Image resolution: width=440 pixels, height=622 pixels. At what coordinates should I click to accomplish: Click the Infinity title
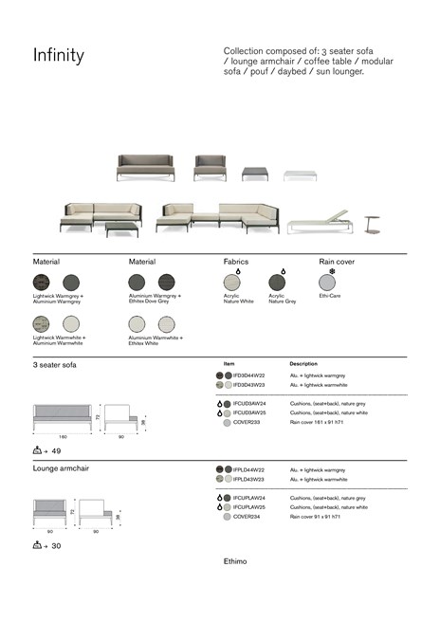click(59, 57)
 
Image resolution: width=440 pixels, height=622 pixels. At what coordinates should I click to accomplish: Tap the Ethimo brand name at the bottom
click(234, 561)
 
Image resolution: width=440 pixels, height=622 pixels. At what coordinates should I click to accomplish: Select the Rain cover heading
click(337, 261)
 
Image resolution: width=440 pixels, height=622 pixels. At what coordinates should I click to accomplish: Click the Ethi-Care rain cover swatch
click(327, 282)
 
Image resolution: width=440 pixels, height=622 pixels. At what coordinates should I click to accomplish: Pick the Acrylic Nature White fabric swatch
click(232, 282)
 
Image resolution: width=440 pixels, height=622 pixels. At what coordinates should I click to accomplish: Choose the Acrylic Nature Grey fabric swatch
click(278, 282)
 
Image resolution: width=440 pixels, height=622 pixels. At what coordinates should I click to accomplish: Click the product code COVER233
click(246, 422)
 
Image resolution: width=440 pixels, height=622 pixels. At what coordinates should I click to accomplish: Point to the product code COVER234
click(246, 516)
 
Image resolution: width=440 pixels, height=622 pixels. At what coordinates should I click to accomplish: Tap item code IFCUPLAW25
click(249, 506)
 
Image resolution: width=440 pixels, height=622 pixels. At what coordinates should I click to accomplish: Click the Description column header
click(303, 363)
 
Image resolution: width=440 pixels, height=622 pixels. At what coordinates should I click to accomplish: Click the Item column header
click(229, 363)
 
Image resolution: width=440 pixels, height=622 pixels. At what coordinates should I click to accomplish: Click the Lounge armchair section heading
click(63, 468)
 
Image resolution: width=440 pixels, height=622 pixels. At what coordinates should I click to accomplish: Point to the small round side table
click(372, 222)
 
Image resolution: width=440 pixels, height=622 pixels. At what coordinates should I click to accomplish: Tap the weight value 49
click(57, 450)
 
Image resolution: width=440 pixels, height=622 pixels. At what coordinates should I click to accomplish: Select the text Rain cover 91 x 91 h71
click(317, 516)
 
